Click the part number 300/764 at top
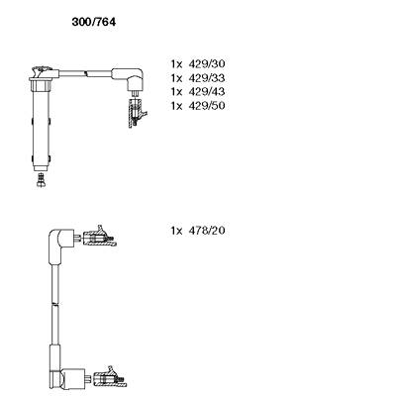pos(94,22)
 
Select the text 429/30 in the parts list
pos(207,63)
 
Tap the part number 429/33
pos(207,78)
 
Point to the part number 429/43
pos(207,91)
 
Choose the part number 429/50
pos(207,106)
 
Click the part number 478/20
pos(207,231)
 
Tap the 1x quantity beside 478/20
pos(176,231)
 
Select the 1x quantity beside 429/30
pos(176,63)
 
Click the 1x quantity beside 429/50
pos(176,106)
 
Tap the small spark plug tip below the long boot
pos(41,180)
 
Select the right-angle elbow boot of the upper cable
pos(130,78)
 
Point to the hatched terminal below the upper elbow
pos(136,111)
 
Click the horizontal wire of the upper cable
pos(85,73)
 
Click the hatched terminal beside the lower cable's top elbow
pos(100,237)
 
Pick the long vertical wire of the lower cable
pos(55,304)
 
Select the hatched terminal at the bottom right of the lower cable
pos(110,377)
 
